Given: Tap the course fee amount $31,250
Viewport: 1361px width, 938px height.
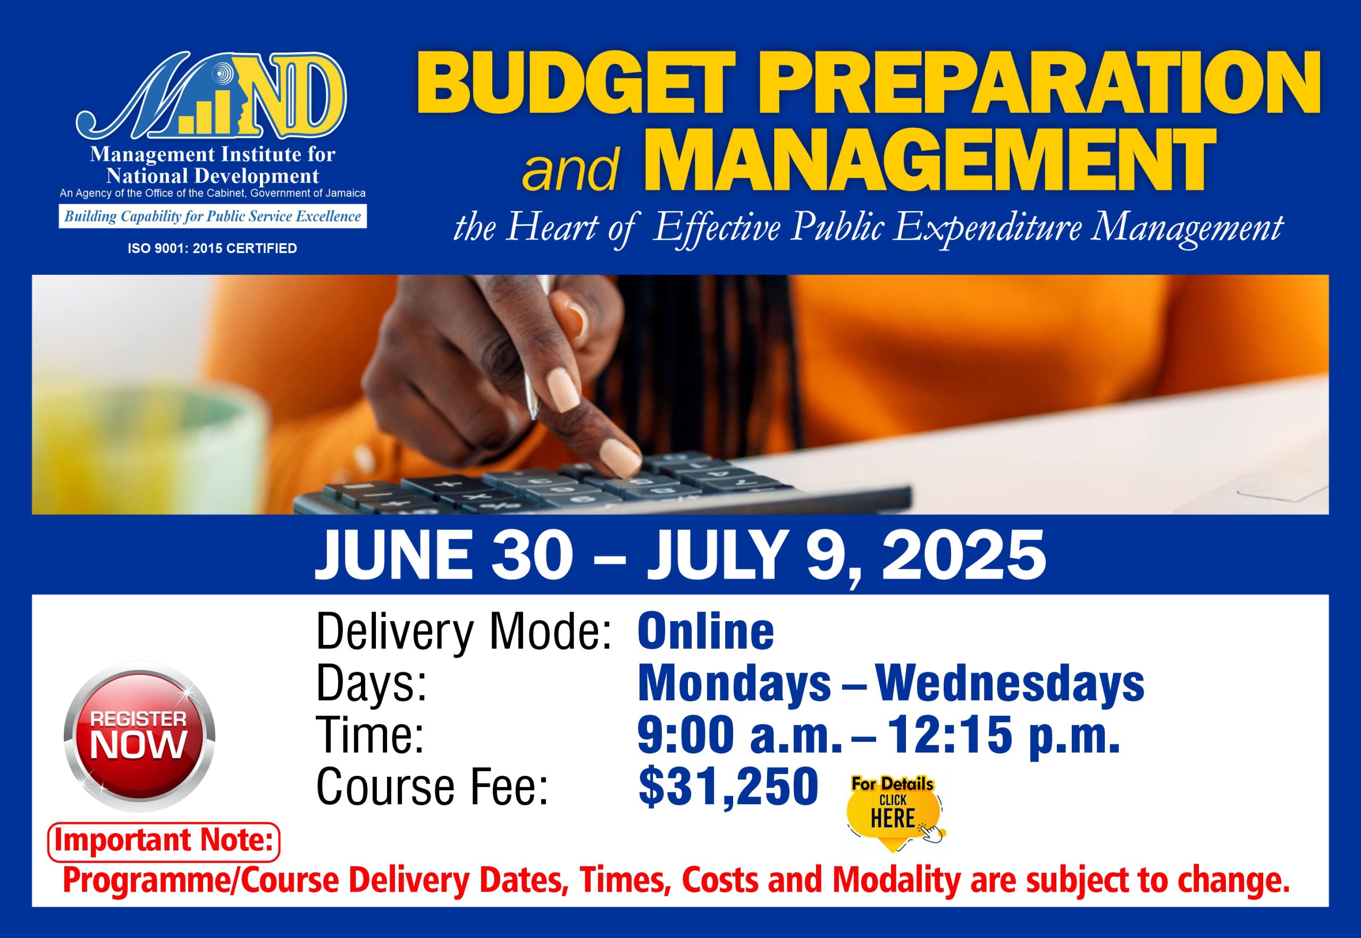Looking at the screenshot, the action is [x=728, y=786].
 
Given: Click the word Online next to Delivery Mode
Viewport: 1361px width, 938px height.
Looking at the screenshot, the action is [x=705, y=632].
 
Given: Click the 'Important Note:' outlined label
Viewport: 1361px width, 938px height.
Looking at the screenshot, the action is [x=163, y=842].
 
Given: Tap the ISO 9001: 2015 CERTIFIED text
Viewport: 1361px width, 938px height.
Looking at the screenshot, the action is [x=212, y=249].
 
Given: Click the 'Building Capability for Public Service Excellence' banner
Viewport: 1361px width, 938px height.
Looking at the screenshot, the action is [x=213, y=216].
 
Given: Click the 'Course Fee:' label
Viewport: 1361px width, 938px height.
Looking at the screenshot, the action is [x=432, y=786].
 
